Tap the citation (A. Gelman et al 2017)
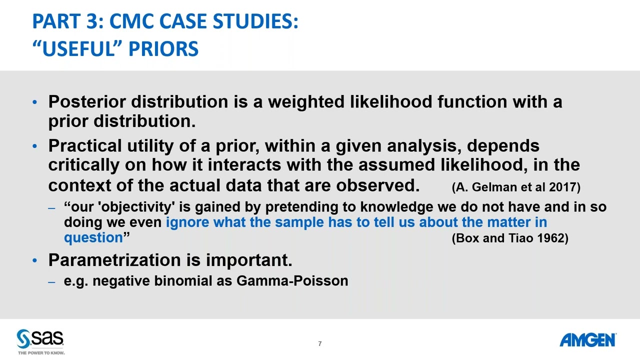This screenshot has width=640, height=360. (x=515, y=187)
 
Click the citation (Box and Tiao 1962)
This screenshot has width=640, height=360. (x=509, y=238)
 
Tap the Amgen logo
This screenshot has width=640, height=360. (x=587, y=340)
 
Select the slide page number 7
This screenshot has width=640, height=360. (x=319, y=343)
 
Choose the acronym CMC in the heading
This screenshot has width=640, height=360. (x=132, y=21)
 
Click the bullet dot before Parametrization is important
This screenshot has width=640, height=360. (x=34, y=260)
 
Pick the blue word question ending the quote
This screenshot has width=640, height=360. (x=93, y=238)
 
